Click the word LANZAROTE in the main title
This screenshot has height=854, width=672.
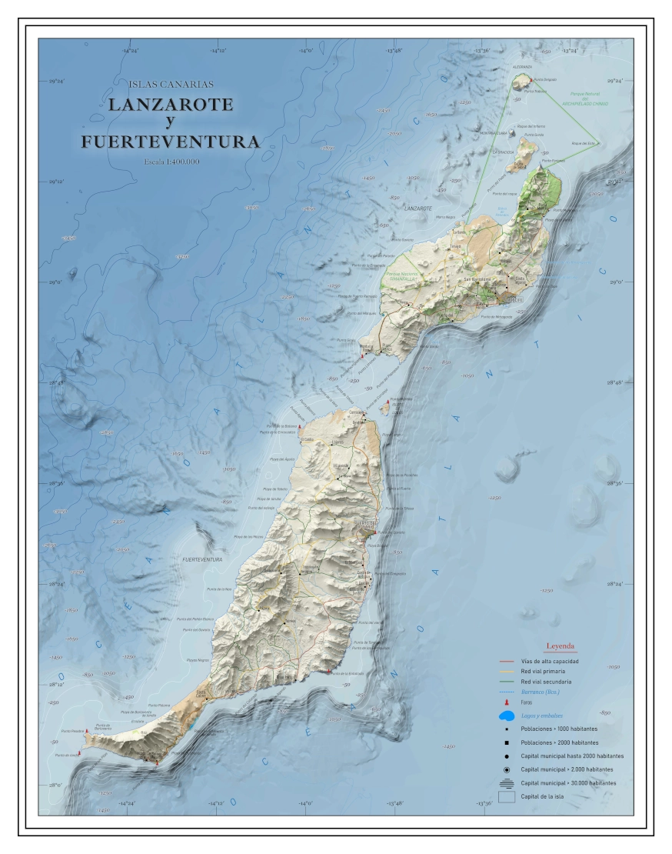click(171, 105)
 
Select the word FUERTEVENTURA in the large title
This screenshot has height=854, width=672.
click(170, 142)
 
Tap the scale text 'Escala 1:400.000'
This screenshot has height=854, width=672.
click(171, 162)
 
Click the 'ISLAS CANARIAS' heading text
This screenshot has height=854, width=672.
click(171, 84)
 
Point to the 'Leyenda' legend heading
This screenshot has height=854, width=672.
click(560, 646)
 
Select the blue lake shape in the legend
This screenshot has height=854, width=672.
click(507, 717)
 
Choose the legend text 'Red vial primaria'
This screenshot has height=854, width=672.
click(546, 671)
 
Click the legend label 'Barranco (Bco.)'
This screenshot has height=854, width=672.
click(545, 692)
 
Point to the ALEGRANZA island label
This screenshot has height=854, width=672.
click(522, 67)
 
